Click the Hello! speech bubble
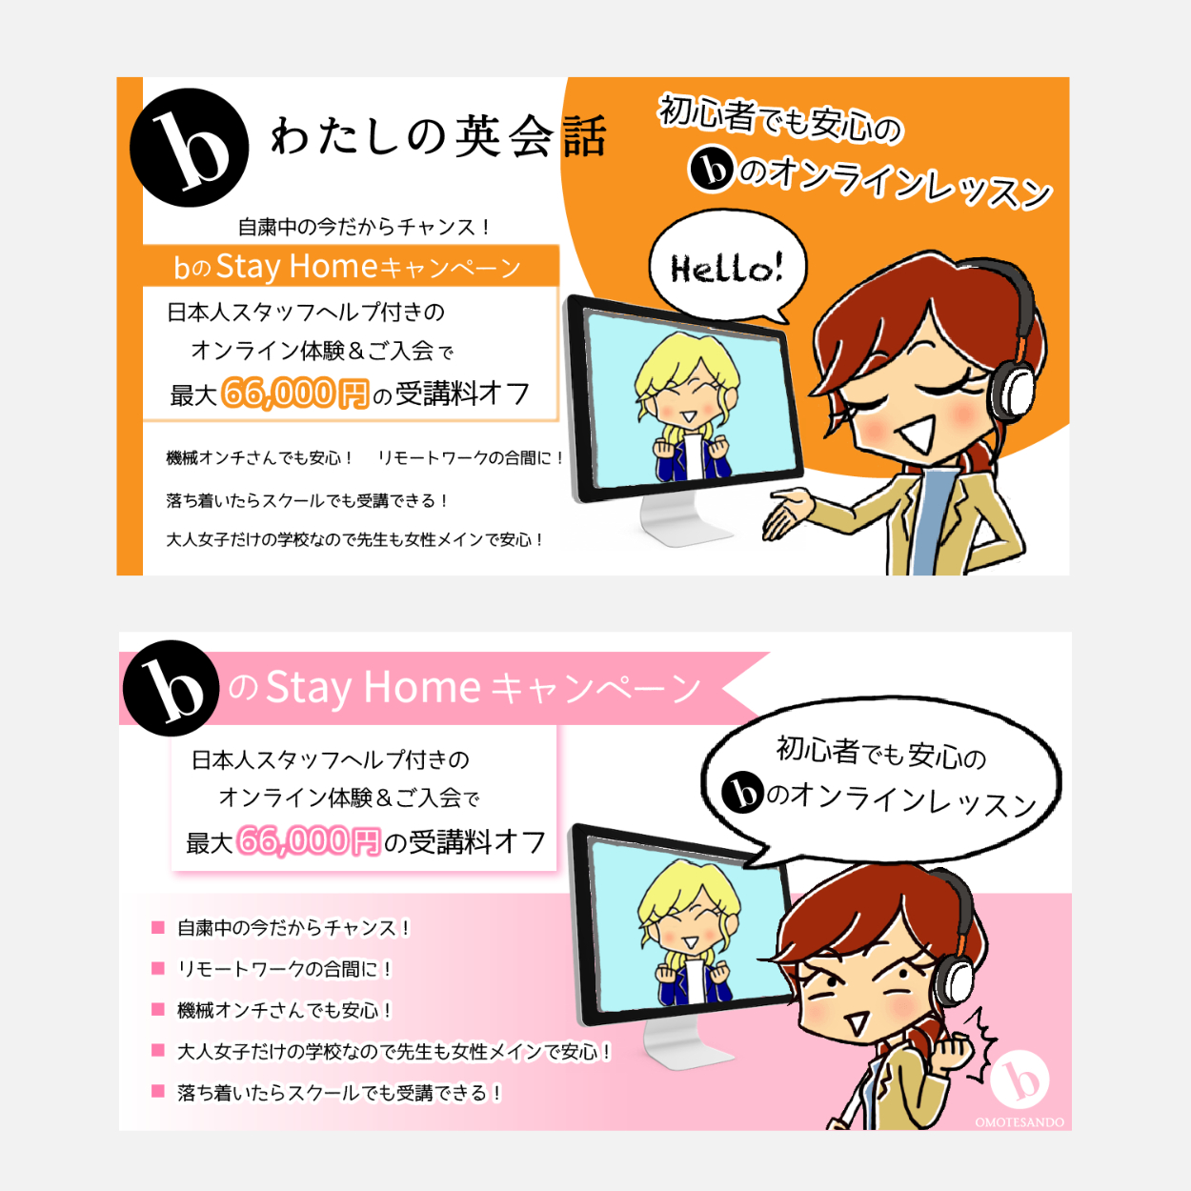point(727,267)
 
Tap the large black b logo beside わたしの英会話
point(189,148)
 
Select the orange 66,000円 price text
point(294,394)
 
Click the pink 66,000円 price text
point(309,840)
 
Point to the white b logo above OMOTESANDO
point(1019,1080)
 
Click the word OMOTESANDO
point(1019,1121)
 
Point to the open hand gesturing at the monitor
point(788,512)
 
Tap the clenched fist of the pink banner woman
point(953,1051)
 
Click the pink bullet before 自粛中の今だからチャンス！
point(158,927)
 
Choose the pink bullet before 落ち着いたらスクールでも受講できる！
point(158,1092)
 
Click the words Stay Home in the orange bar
point(296,267)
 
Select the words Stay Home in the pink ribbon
point(373,687)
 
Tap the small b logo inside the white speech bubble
point(742,793)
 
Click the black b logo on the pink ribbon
point(172,688)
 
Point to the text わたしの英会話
point(439,136)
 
